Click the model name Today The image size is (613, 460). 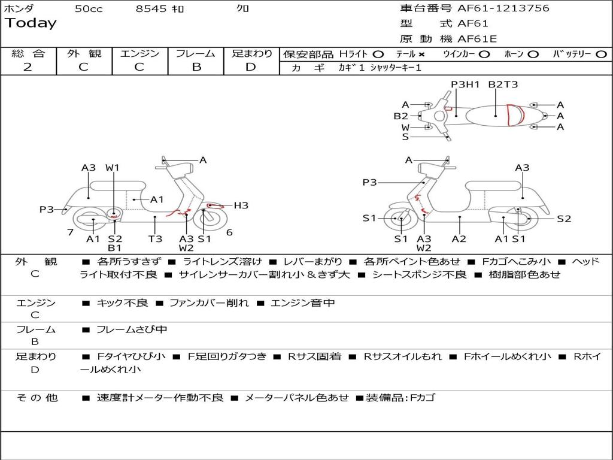pos(31,23)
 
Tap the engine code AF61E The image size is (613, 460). pos(477,39)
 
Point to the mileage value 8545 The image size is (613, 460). pos(151,9)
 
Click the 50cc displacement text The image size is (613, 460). pos(89,9)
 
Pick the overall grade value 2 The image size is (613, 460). pos(28,67)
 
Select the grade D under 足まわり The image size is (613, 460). pos(251,67)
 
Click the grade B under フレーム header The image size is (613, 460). pos(196,67)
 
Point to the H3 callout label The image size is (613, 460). pos(241,205)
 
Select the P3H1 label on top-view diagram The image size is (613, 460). pos(465,84)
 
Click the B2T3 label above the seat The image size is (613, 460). pos(503,84)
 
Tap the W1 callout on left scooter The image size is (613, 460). pos(113,168)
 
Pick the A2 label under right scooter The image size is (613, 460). pos(459,239)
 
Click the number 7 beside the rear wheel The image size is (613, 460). pos(70,232)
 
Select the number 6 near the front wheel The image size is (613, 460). pos(229,232)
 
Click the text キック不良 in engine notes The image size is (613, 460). pos(122,303)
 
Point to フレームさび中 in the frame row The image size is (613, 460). pos(132,329)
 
